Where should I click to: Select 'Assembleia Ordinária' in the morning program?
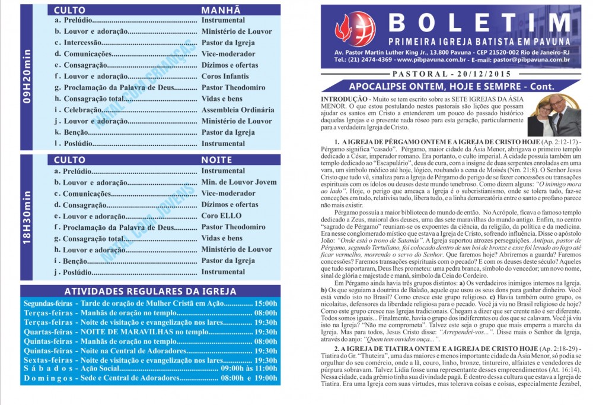(237, 110)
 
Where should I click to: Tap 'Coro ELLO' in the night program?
(222, 216)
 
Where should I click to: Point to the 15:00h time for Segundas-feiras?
(265, 303)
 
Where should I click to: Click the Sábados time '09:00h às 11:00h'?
(248, 369)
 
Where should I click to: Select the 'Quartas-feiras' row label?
(48, 332)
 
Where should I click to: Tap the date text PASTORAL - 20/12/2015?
(450, 74)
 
